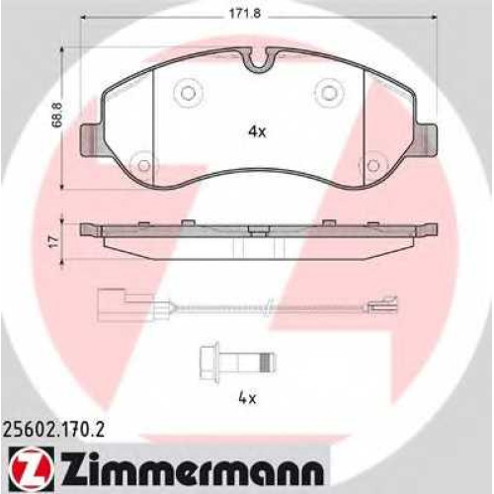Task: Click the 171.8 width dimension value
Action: tap(240, 14)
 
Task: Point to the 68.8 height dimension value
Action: tap(59, 115)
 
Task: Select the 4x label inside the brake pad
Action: tap(257, 132)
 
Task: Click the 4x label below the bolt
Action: tap(247, 399)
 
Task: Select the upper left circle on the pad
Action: tap(188, 93)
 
